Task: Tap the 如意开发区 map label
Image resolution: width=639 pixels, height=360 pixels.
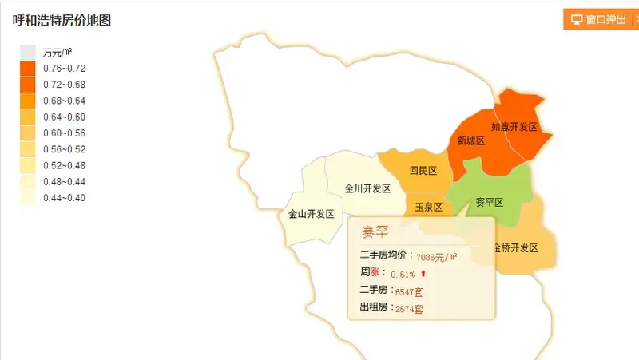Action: pos(514,127)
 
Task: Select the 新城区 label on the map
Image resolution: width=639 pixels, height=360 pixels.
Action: pos(470,141)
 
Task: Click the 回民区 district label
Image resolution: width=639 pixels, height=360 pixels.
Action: pos(423,171)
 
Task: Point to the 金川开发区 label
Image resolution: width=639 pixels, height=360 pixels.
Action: pos(367,189)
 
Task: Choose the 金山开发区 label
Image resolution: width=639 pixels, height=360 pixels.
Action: pos(311,214)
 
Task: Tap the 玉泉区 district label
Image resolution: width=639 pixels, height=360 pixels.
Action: pos(428,208)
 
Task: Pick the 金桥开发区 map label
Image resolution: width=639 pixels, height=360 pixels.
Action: pos(516,247)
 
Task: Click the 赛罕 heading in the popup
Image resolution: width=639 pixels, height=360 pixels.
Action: pos(375,232)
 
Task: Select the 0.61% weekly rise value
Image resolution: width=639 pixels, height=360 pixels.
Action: pos(403,275)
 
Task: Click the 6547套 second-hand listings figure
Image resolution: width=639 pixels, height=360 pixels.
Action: pos(409,292)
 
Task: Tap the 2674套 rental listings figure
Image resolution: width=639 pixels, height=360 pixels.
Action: pos(409,309)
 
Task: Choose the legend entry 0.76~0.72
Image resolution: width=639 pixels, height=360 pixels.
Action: pos(64,69)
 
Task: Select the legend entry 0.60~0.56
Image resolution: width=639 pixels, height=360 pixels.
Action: pos(64,133)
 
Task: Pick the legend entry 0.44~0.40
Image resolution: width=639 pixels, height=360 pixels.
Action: pos(64,198)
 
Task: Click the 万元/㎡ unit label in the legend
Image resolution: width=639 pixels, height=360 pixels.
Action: pos(58,53)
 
